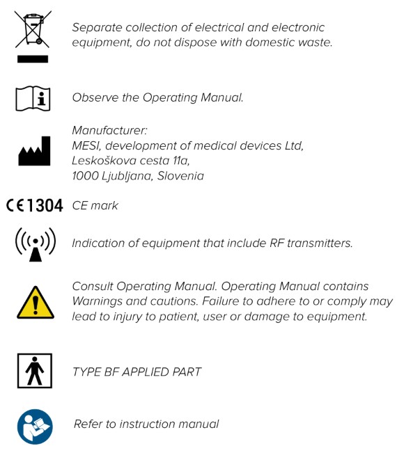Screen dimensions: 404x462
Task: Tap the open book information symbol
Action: point(33,98)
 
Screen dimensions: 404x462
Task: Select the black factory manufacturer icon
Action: point(33,152)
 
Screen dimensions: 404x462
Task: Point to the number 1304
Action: point(44,205)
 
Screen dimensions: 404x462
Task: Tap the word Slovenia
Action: point(180,176)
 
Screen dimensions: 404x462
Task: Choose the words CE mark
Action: point(95,205)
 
